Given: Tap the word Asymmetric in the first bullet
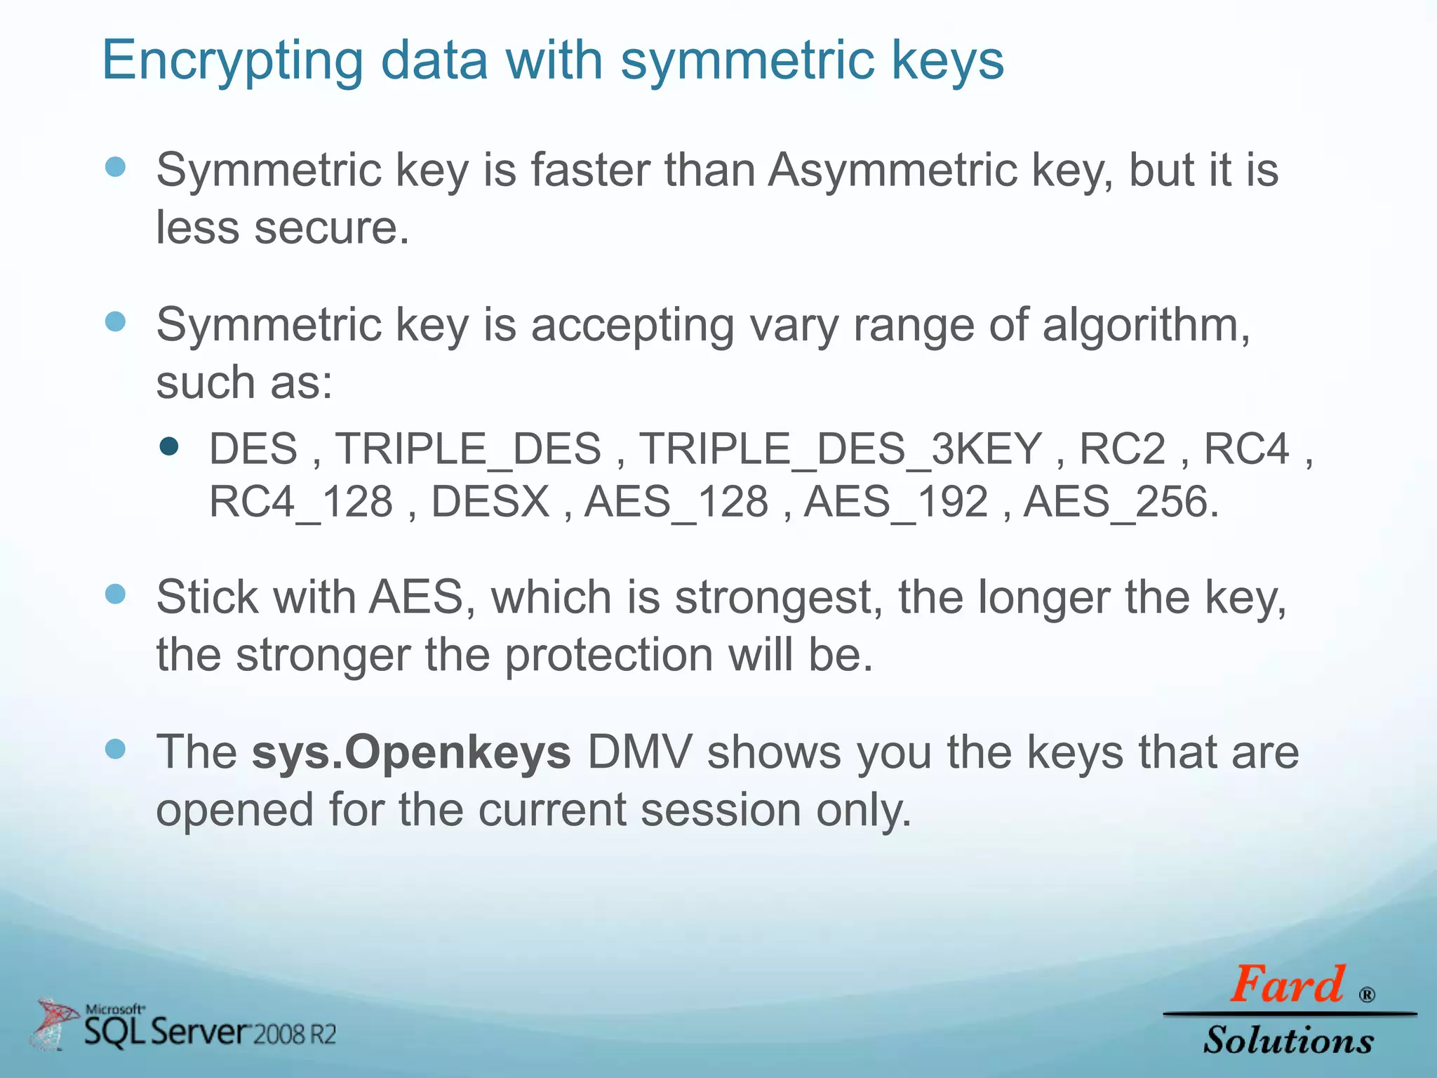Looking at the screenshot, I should coord(892,171).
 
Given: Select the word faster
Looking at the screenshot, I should coord(589,171).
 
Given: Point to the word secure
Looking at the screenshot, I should coord(331,228).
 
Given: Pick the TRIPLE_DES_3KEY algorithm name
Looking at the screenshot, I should coord(841,449).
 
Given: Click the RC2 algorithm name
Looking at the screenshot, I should coord(1122,449).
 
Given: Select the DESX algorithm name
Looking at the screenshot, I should coord(490,503).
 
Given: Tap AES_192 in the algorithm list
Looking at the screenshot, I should coord(896,503).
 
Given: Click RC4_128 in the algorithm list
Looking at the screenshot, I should coord(301,503).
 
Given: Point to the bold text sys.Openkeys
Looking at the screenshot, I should coord(411,752).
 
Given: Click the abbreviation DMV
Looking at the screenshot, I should coord(639,752).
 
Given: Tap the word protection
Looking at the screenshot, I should coord(608,656).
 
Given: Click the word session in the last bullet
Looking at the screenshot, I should coord(721,810).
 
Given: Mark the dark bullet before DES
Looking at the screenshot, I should coord(169,447).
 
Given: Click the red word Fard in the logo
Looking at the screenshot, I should coord(1287,985).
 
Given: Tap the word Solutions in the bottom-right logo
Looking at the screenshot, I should coord(1288,1040).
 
